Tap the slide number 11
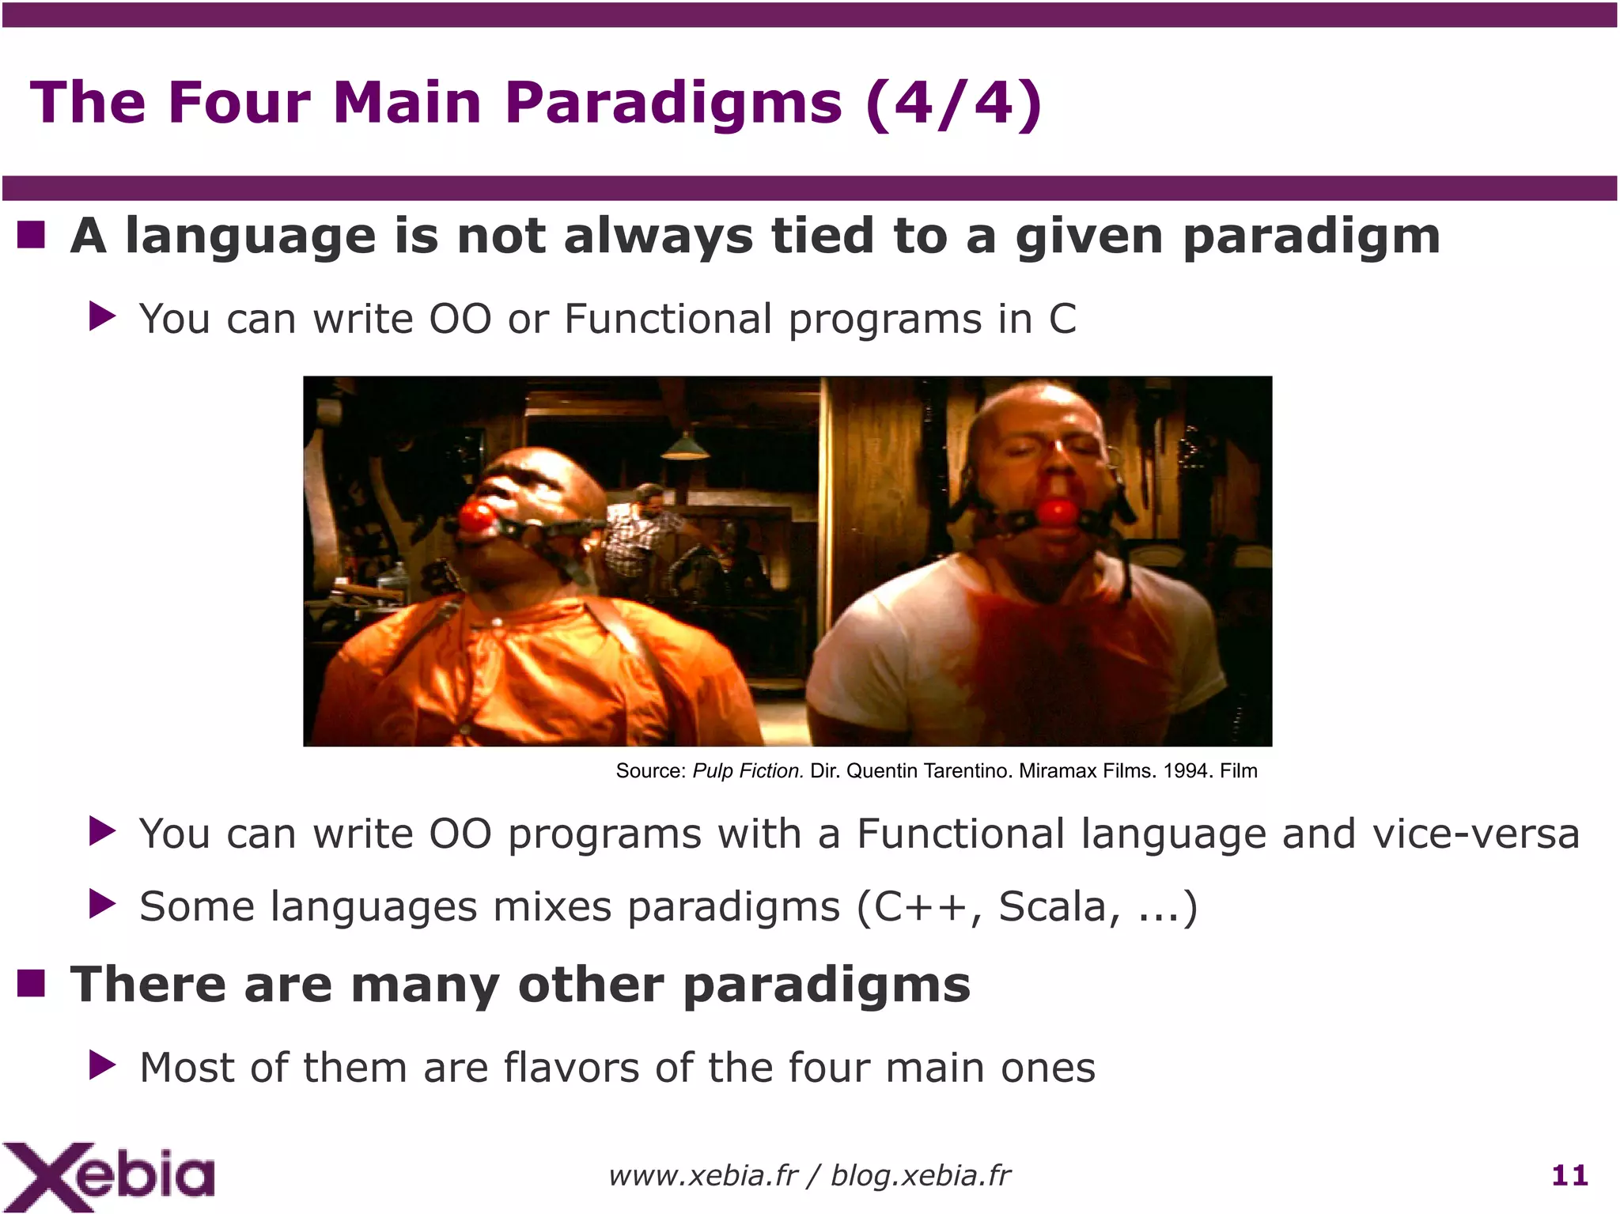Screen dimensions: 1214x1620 1569,1175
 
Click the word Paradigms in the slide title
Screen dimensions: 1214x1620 673,103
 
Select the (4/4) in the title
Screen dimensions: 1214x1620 954,103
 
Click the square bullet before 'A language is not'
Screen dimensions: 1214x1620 31,235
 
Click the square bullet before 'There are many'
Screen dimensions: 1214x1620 31,984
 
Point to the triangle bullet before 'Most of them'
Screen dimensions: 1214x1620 103,1065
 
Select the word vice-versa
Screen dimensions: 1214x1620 1475,834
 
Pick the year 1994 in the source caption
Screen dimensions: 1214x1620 1187,771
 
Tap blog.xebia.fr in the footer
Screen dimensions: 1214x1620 920,1176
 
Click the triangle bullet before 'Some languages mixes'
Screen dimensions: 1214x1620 103,904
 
